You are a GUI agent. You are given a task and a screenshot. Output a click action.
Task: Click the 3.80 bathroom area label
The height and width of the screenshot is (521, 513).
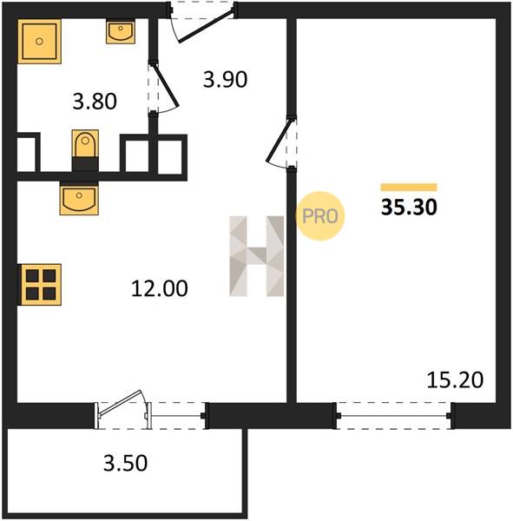95,102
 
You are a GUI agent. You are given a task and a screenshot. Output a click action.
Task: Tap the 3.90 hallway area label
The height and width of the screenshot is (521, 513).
226,80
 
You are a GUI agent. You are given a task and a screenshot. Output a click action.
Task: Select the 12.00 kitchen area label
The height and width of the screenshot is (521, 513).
160,288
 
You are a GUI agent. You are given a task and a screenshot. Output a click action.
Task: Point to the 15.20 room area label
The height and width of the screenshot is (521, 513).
455,380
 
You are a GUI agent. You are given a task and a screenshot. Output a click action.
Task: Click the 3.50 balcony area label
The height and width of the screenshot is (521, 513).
125,463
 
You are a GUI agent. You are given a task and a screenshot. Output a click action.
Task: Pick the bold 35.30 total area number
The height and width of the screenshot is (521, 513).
409,208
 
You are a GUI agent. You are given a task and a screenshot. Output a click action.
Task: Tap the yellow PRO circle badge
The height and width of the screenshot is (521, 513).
320,216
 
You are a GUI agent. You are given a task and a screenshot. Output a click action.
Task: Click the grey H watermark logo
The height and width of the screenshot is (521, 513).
257,256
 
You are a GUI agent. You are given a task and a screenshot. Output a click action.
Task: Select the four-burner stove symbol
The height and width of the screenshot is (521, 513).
40,285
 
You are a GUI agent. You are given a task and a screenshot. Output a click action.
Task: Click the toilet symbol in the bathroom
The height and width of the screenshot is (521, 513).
85,150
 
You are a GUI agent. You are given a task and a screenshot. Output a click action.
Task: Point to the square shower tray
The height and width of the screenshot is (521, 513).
40,41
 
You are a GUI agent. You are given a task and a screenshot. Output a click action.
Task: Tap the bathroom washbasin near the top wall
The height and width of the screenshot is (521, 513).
121,31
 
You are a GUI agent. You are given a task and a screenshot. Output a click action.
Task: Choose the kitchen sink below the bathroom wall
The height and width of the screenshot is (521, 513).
79,198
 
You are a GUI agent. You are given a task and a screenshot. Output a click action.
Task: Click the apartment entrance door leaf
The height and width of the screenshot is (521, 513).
206,26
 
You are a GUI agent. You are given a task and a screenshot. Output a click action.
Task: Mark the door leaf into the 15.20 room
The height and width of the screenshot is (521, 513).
280,141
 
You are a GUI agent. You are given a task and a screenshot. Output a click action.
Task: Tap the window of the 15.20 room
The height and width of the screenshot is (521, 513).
394,416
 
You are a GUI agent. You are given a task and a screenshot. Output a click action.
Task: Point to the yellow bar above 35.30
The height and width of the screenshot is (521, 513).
409,187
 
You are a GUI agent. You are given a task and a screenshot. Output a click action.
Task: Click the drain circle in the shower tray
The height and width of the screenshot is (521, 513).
40,41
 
